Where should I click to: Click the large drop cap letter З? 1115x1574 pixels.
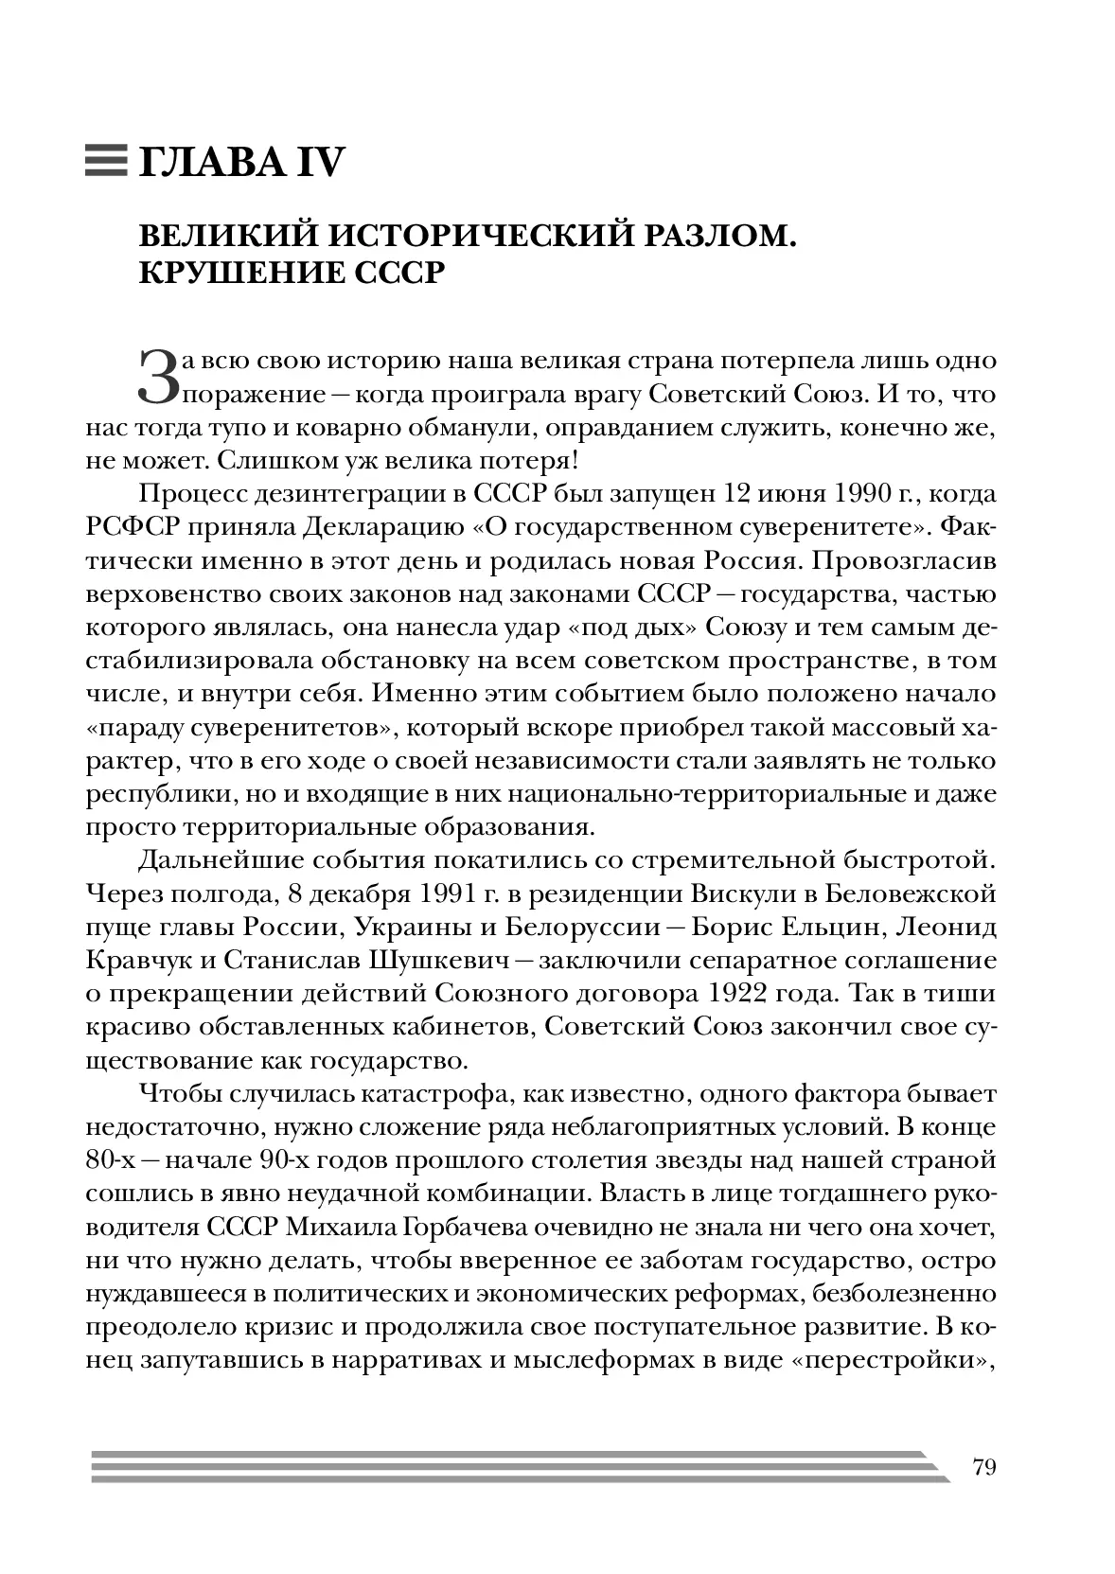[x=158, y=376]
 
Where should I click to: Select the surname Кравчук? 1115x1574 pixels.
[x=142, y=960]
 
